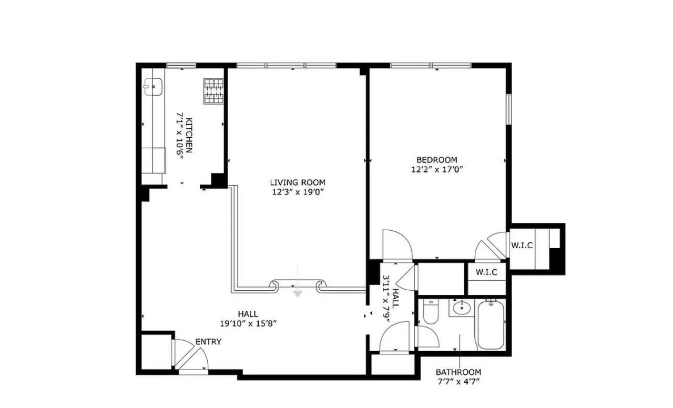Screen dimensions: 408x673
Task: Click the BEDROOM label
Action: [x=436, y=160]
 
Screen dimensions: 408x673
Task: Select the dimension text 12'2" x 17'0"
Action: [x=436, y=169]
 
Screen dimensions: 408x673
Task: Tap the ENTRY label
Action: [x=208, y=342]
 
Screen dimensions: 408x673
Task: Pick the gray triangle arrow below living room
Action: [x=298, y=294]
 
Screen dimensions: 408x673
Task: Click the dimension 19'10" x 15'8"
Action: [x=248, y=323]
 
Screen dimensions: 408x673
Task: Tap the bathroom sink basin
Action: [x=461, y=308]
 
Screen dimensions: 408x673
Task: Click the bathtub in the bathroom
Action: [x=491, y=324]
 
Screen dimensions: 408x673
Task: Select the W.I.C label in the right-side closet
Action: [x=523, y=245]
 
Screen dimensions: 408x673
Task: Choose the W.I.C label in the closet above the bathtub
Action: [x=487, y=272]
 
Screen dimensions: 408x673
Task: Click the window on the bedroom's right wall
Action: [x=508, y=109]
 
